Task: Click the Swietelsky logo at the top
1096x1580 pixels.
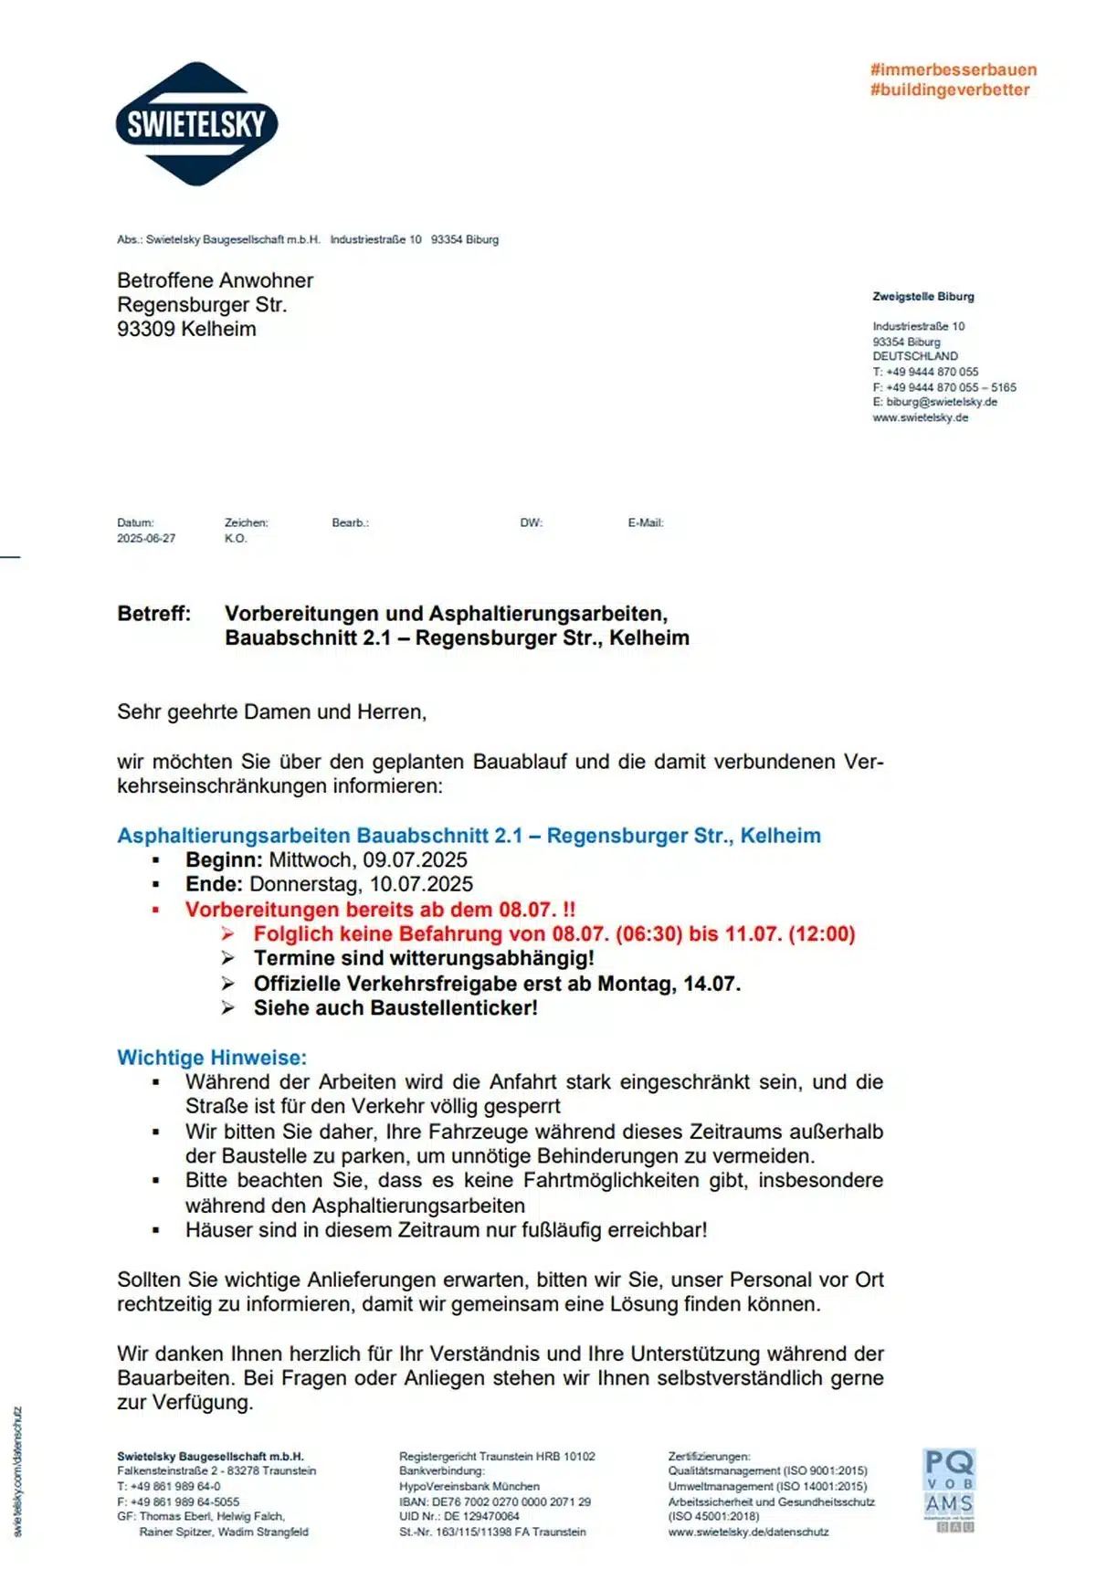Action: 196,124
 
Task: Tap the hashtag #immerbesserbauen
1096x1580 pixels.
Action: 953,69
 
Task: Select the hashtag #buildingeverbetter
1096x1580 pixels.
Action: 949,90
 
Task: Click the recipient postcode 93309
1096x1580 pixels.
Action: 146,329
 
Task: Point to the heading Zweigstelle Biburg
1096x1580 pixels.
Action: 922,296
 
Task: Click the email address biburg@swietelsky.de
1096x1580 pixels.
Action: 941,402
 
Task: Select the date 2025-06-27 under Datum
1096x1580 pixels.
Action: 146,538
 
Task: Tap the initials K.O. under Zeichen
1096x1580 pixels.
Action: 236,538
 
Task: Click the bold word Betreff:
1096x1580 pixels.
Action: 153,614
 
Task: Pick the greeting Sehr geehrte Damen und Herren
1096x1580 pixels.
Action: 271,711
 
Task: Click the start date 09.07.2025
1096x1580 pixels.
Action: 415,859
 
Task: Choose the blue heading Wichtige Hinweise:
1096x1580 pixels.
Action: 212,1057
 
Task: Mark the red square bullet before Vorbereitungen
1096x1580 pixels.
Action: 156,910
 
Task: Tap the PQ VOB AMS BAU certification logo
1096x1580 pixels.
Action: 949,1490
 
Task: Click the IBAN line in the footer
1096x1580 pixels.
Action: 494,1501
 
